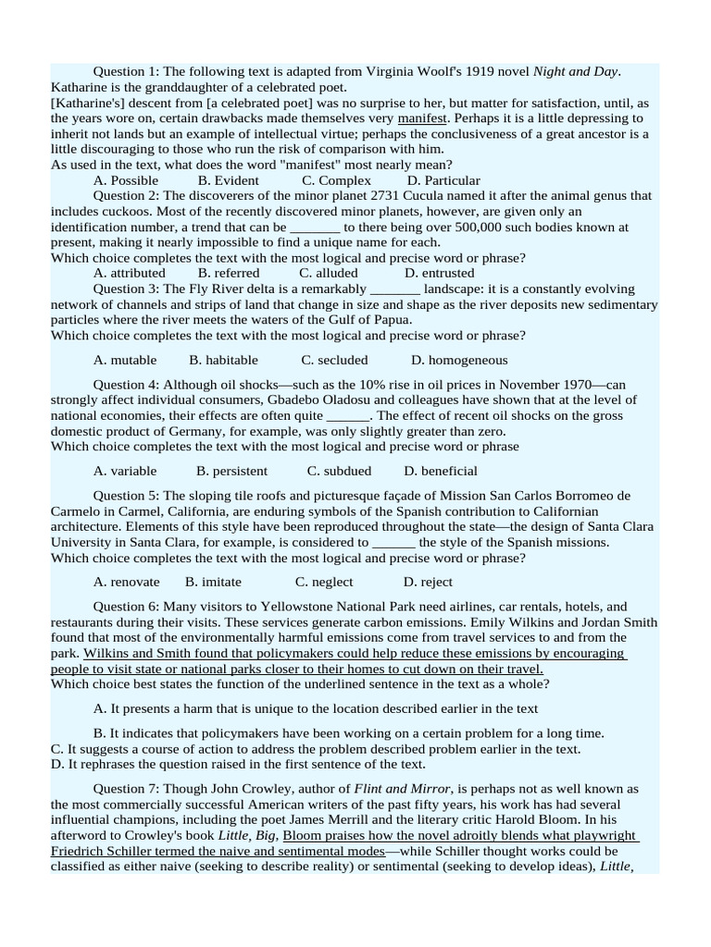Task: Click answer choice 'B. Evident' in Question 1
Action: coord(229,180)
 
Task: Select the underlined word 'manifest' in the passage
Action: coord(423,118)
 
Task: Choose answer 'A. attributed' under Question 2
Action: coord(130,273)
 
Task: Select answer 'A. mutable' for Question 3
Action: coord(125,360)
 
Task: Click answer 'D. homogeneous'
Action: coord(459,360)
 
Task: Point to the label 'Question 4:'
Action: coord(126,385)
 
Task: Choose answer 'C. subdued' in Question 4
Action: coord(340,471)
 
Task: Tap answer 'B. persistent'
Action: coord(232,471)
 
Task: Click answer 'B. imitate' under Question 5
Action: coord(213,582)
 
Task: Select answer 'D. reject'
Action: coord(428,582)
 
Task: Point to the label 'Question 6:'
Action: coord(126,607)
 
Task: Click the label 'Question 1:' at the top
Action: coord(126,72)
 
